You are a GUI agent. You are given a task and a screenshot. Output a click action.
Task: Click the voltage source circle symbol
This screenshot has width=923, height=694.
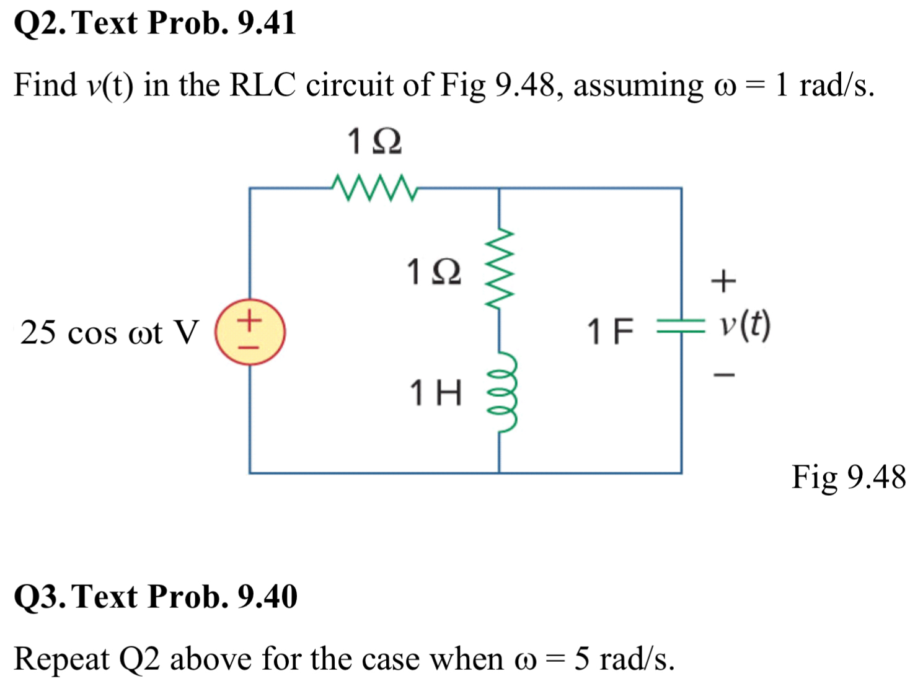coord(250,332)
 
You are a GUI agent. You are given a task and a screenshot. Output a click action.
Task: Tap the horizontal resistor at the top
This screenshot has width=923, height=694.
coord(374,188)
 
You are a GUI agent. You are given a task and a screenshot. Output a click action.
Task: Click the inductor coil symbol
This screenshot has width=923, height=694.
coord(502,392)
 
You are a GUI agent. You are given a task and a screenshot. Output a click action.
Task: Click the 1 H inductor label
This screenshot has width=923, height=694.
coord(435,393)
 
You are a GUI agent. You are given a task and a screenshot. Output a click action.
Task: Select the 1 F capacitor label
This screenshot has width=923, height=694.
coord(610,331)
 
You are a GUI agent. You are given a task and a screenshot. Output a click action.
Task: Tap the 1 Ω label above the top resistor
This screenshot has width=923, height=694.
coord(374,141)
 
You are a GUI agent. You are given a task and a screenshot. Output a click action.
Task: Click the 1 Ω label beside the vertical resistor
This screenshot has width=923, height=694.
coord(433,271)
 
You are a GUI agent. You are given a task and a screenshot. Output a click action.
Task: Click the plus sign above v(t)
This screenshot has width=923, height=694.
coord(723,281)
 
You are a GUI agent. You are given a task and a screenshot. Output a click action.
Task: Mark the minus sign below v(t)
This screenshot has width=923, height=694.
coord(723,374)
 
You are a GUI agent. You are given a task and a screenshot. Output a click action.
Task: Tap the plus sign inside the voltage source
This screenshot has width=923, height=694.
coord(249,320)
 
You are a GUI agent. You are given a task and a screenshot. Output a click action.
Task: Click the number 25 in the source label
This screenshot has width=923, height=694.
coord(37,333)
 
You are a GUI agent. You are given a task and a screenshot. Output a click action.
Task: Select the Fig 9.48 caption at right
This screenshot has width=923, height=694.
coord(848,477)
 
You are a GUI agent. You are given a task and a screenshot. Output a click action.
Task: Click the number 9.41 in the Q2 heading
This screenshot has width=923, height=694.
coord(267,23)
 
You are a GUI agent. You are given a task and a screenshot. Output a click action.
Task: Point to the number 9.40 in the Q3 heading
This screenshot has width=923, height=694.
coord(267,596)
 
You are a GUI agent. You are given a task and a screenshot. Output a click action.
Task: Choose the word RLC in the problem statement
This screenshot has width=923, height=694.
coord(262,85)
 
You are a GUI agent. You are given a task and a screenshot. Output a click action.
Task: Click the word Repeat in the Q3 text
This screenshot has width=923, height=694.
coord(61,659)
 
